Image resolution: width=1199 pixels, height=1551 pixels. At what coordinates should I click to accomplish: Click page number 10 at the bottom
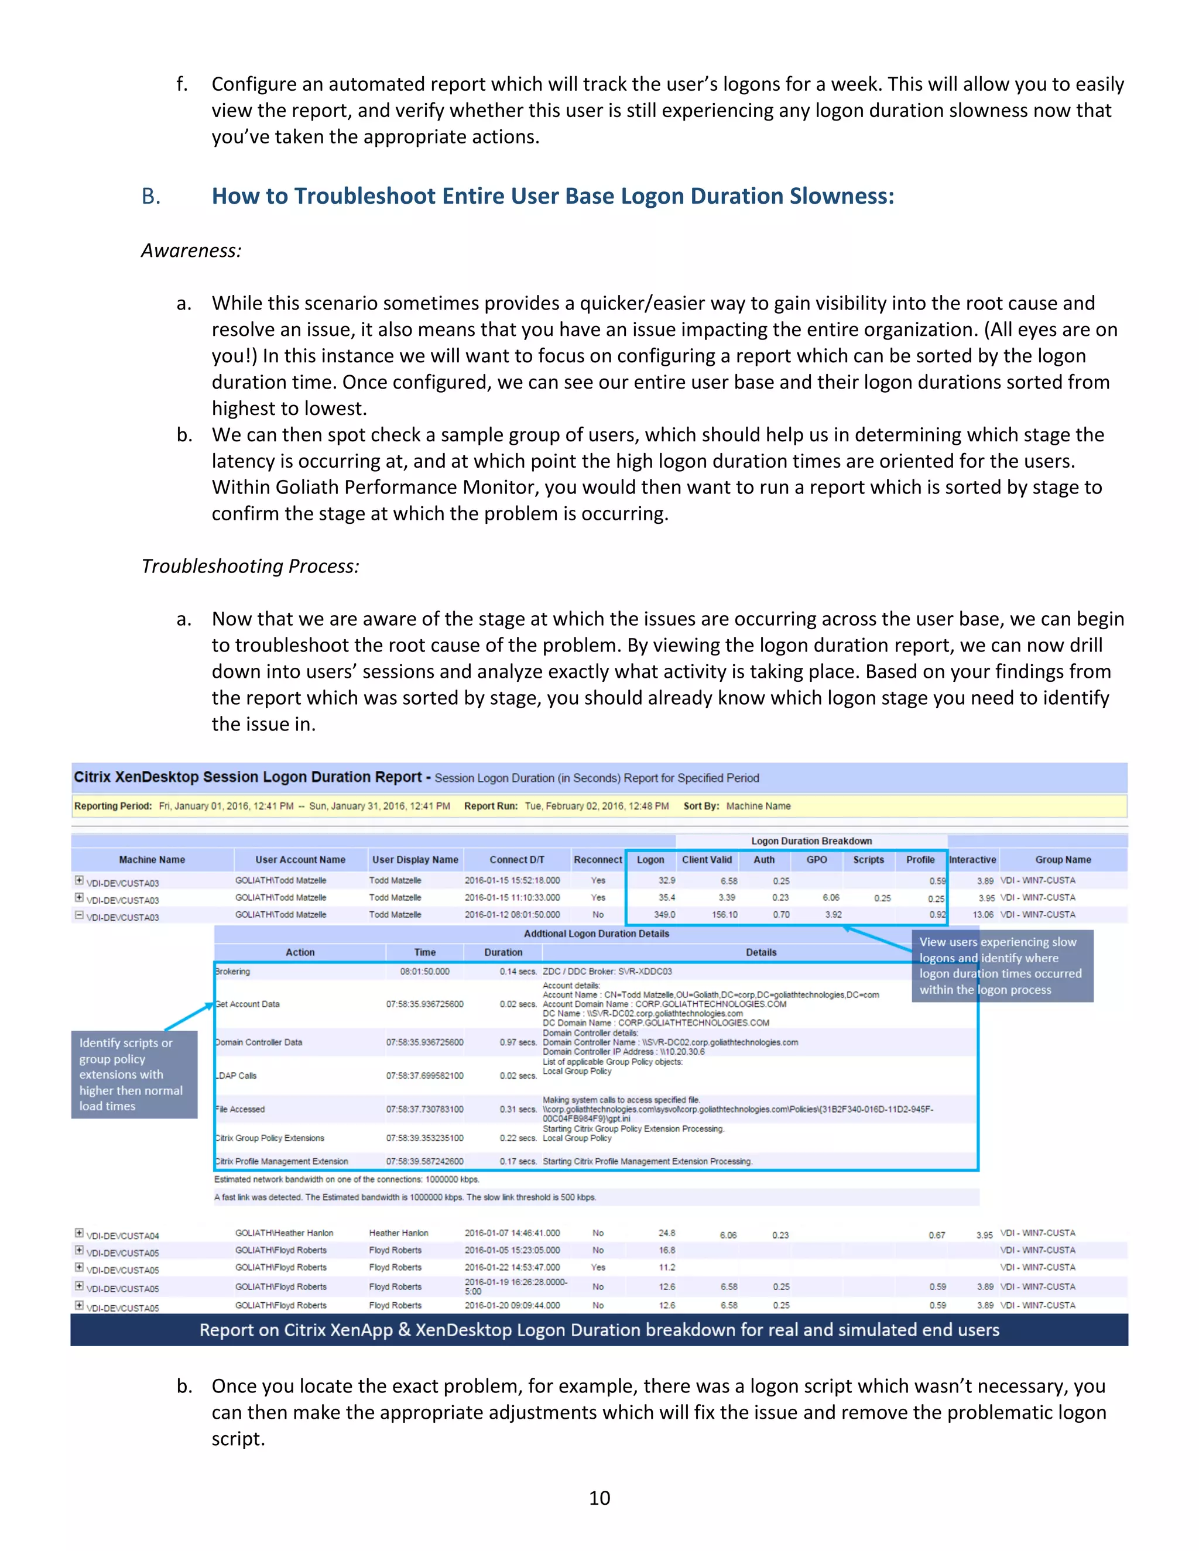pos(599,1498)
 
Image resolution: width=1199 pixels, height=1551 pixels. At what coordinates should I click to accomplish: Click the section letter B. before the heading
pos(151,197)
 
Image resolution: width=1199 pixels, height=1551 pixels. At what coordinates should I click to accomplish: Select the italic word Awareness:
pos(191,251)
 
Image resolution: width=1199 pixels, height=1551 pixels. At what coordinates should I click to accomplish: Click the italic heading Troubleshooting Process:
pos(250,566)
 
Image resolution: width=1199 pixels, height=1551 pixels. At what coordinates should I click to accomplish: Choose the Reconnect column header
pos(597,859)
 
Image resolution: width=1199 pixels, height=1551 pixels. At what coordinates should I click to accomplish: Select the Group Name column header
pos(1063,859)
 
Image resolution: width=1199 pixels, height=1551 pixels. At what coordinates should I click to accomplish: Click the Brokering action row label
pos(233,972)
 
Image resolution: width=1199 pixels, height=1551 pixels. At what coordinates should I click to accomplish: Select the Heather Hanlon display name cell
pos(399,1233)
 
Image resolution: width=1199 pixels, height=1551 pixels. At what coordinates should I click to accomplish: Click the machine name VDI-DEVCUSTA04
pos(122,1236)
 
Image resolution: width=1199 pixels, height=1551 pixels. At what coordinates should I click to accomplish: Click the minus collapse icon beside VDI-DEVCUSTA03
pos(80,915)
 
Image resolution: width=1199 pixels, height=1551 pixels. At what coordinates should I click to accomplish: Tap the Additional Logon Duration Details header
pos(596,934)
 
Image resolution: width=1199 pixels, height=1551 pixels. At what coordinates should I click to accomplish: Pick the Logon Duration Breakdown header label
pos(811,841)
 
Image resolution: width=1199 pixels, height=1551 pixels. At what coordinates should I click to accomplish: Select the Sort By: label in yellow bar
pos(701,806)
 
